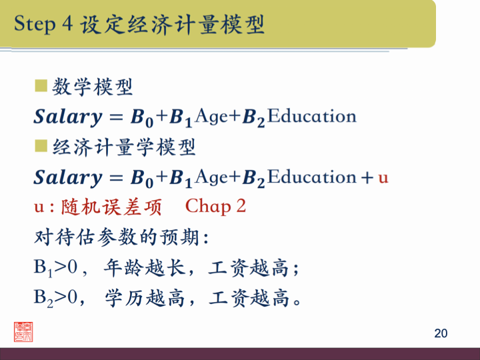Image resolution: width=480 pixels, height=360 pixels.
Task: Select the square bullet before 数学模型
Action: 41,85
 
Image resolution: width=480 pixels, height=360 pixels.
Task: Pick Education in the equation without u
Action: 312,117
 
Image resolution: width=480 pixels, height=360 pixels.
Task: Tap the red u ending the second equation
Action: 383,178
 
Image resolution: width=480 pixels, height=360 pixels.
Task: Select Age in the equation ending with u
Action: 213,177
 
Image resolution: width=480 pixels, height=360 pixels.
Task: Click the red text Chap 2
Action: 215,207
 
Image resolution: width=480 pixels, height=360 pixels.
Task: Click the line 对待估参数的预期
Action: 121,237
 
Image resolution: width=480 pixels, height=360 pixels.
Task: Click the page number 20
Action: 440,333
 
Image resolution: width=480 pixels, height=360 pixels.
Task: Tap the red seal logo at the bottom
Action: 23,331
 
